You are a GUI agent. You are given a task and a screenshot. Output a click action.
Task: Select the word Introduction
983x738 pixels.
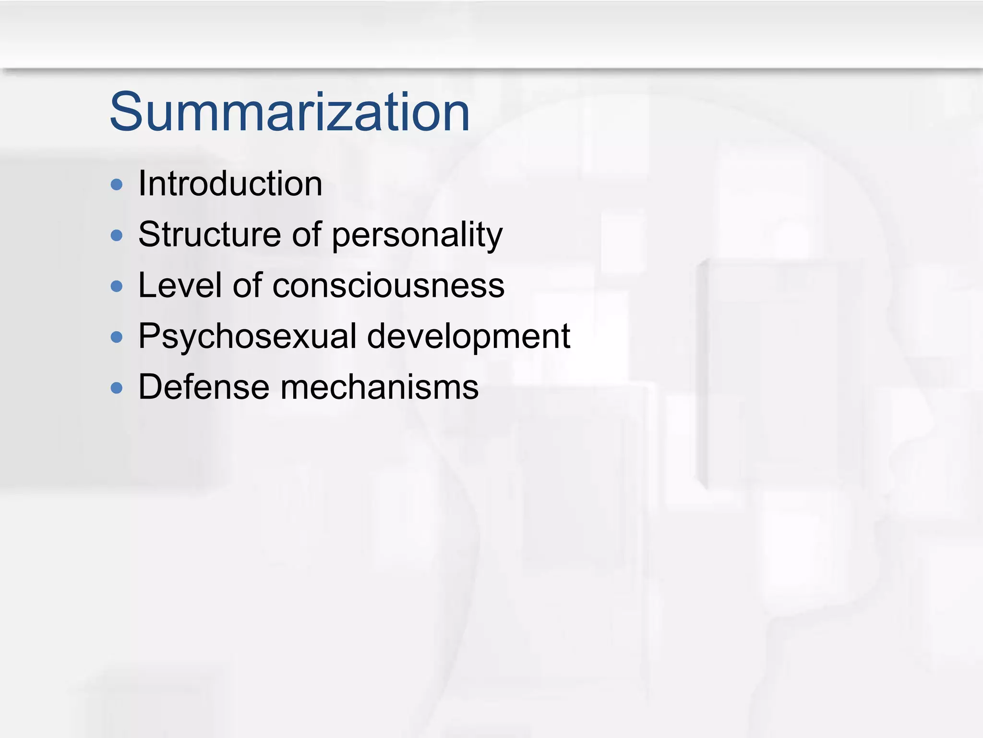(230, 184)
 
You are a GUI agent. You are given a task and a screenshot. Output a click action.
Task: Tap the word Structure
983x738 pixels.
(209, 235)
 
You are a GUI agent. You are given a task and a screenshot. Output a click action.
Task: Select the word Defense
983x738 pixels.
(204, 387)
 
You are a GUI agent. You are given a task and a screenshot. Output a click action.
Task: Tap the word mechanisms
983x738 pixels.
(379, 387)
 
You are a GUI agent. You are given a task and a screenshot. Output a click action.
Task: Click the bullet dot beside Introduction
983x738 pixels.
(117, 185)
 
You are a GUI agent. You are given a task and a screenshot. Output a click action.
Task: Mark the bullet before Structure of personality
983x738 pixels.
(117, 235)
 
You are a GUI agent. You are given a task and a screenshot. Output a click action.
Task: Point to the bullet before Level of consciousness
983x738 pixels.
(117, 286)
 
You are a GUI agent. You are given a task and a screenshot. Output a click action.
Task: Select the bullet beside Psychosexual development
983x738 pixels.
(117, 337)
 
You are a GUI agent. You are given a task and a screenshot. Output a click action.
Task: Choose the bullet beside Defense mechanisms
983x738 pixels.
(117, 388)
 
